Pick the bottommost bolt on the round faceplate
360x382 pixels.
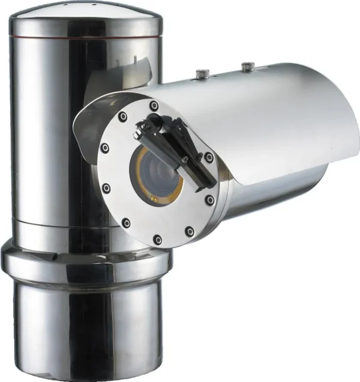[x=157, y=240]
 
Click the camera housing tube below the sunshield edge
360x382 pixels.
[x=270, y=192]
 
